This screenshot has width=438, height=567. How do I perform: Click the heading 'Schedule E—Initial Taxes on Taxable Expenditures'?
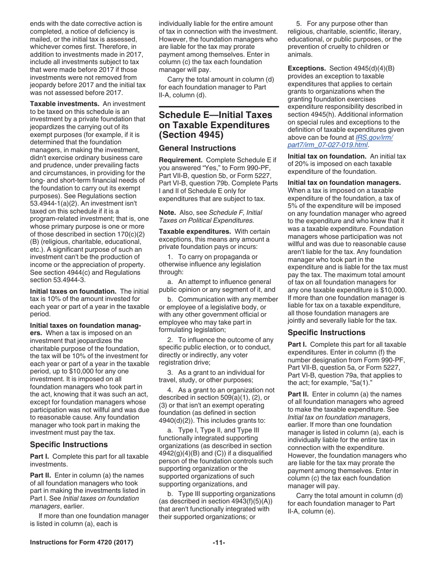coord(214,125)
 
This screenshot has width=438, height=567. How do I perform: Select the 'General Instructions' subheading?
coord(197,148)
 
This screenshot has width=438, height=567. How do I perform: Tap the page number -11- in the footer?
coord(219,543)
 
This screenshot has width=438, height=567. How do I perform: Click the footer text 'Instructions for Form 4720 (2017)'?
coord(82,543)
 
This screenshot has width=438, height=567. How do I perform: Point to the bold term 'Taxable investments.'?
coord(65,104)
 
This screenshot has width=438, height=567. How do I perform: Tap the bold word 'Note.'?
coord(167,213)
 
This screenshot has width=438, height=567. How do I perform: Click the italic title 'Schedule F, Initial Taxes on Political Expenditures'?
coord(210,216)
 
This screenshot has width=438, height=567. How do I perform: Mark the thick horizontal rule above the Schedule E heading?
coord(219,107)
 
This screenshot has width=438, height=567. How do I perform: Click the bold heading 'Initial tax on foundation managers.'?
coord(344,183)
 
